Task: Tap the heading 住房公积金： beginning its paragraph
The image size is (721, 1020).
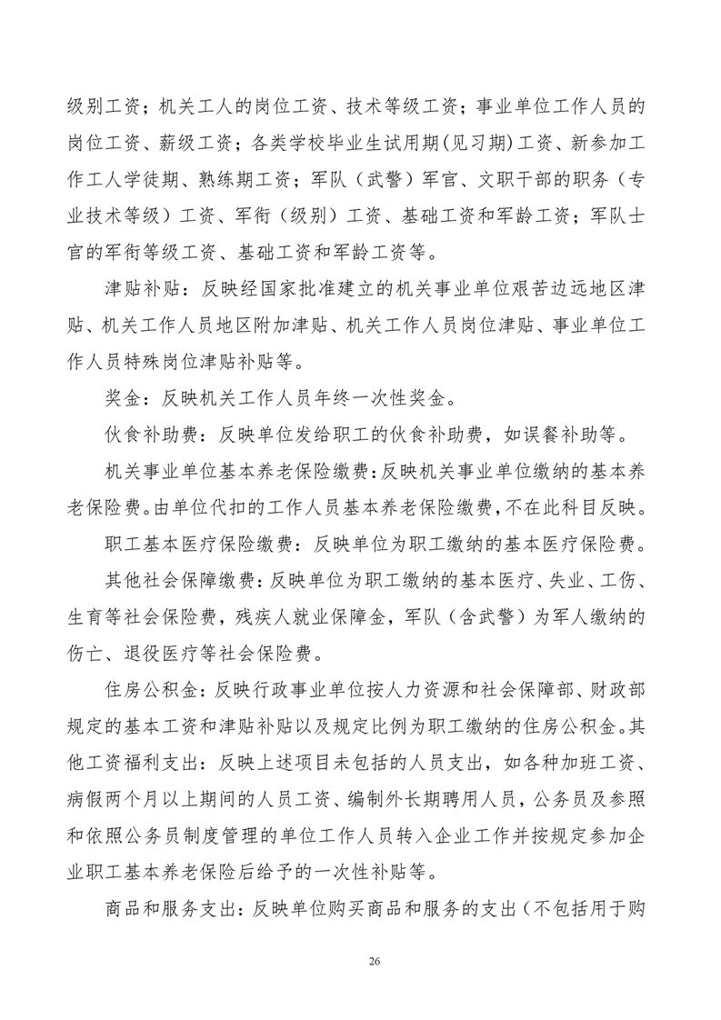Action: click(x=157, y=690)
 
